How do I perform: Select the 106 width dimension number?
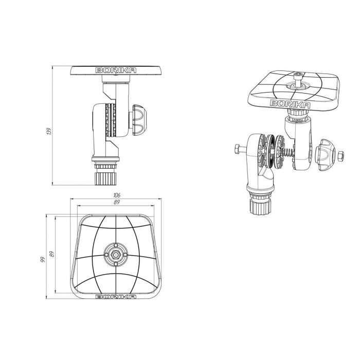(117, 195)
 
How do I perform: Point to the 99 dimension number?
(43, 260)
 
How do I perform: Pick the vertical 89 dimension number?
(51, 254)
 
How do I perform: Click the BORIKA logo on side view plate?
(116, 70)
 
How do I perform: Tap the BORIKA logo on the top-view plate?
(116, 297)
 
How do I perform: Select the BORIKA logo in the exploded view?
(291, 104)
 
